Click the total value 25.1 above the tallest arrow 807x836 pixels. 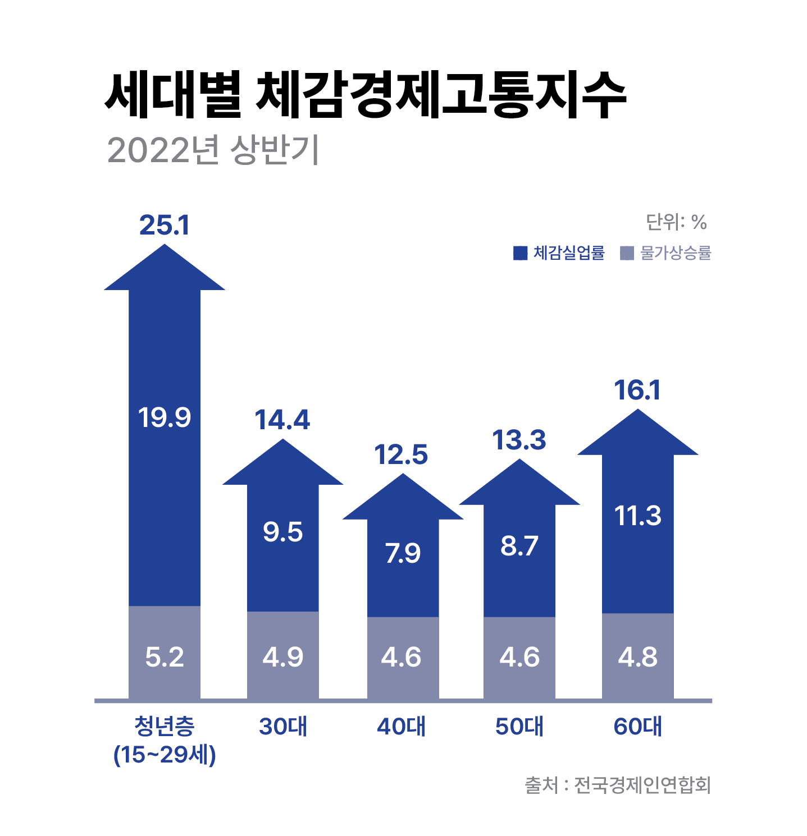(x=165, y=226)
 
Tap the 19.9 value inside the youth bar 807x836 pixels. (x=165, y=417)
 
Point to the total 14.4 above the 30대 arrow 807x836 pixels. (x=282, y=420)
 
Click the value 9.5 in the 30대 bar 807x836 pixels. (x=282, y=532)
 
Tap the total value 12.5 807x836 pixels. (x=401, y=455)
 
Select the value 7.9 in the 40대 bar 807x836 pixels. (x=403, y=554)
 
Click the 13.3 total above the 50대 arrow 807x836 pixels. (x=519, y=440)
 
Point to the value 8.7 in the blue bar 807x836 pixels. (x=519, y=546)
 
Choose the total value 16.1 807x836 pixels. (x=637, y=391)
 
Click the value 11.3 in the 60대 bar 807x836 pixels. (x=637, y=516)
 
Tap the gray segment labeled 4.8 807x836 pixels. (x=637, y=656)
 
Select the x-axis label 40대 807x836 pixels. (x=401, y=727)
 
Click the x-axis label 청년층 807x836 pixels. (x=165, y=727)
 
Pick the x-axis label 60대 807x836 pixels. (x=637, y=727)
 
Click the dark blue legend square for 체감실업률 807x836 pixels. (x=520, y=253)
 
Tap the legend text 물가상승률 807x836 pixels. (x=676, y=253)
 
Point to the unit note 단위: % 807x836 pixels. (x=676, y=223)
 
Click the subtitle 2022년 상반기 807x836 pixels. (x=213, y=150)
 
